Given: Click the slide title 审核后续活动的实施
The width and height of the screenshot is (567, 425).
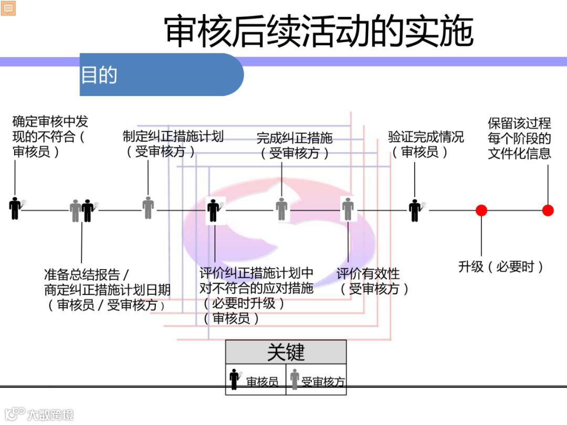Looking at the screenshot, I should pyautogui.click(x=319, y=31).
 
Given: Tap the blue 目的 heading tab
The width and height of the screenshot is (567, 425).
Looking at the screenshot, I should pyautogui.click(x=99, y=75).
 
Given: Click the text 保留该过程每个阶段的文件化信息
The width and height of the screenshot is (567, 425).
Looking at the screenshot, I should pyautogui.click(x=519, y=139).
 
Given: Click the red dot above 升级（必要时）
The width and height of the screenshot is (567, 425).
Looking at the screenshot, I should pyautogui.click(x=481, y=210).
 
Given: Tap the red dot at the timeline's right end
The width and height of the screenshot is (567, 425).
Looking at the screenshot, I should pyautogui.click(x=548, y=210).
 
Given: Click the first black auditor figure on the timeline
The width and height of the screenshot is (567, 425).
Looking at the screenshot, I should pyautogui.click(x=16, y=208).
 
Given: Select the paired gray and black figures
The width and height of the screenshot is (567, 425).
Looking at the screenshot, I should pyautogui.click(x=82, y=210).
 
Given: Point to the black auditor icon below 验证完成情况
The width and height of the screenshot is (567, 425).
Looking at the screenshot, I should pyautogui.click(x=415, y=210).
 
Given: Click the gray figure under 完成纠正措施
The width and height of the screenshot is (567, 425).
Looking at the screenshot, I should pyautogui.click(x=282, y=209).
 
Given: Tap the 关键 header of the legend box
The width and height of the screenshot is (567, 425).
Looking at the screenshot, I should pyautogui.click(x=286, y=352).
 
